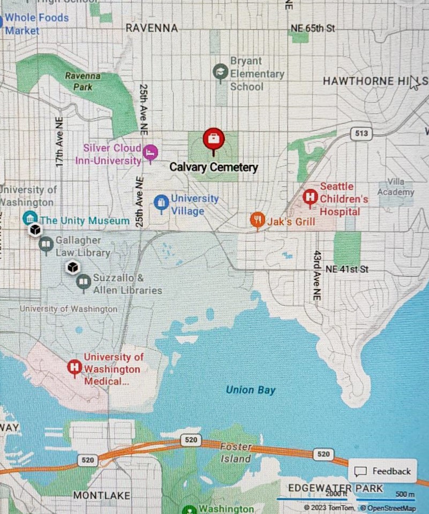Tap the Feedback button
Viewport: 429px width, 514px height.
tap(383, 471)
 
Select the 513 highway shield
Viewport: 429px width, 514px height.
tap(362, 133)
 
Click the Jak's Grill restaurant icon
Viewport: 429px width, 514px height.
tap(258, 219)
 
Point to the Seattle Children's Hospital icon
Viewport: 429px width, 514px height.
tap(310, 198)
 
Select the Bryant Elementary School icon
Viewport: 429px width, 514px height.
tap(220, 71)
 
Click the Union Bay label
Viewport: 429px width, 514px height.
tap(250, 390)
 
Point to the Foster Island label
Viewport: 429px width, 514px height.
tap(236, 453)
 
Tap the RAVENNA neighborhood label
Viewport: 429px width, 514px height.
tap(152, 28)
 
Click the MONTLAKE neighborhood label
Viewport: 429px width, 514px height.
tap(101, 495)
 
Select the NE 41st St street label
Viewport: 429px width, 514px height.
tap(348, 269)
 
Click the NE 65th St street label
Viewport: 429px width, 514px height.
tap(312, 28)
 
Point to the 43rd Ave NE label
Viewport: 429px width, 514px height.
tap(318, 274)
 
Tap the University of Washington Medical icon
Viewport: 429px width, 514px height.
tap(74, 368)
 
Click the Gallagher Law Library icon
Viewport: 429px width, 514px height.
tap(46, 245)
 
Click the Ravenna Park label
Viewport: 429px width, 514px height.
tap(82, 81)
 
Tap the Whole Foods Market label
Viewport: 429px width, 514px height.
tap(36, 24)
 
